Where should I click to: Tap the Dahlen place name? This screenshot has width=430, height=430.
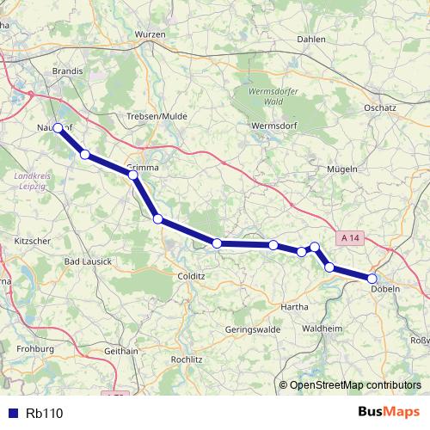click(x=311, y=39)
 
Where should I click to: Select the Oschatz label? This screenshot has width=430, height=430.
click(x=379, y=108)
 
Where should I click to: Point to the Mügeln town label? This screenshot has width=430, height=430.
click(x=342, y=169)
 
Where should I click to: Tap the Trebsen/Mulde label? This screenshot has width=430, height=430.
click(x=157, y=117)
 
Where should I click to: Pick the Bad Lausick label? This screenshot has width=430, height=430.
click(x=89, y=261)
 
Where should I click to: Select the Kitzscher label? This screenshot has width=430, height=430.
click(x=32, y=242)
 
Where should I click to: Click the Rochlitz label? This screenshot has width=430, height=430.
click(x=187, y=359)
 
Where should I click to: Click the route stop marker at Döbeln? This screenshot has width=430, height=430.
click(x=372, y=279)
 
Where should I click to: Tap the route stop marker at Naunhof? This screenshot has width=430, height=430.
click(x=58, y=128)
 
